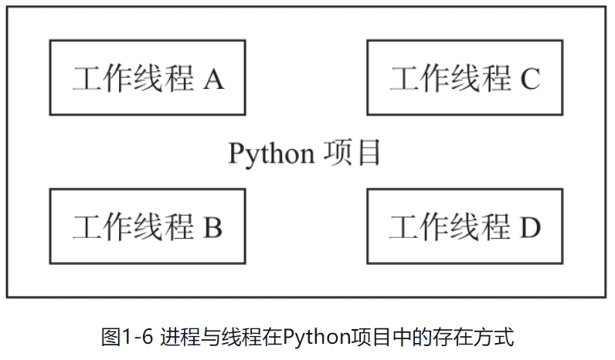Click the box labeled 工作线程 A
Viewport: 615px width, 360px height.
click(147, 78)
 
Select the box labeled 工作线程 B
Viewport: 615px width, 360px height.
click(147, 226)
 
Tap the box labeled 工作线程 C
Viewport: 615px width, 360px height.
click(464, 78)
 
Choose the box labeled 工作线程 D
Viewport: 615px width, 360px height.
click(464, 226)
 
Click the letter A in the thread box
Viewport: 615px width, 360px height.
click(214, 79)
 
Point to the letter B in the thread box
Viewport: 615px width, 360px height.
click(213, 227)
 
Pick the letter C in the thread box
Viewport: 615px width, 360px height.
click(530, 79)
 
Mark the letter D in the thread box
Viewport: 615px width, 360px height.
click(530, 227)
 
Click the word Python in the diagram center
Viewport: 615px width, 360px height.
click(270, 153)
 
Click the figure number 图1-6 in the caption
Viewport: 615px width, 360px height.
click(129, 337)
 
